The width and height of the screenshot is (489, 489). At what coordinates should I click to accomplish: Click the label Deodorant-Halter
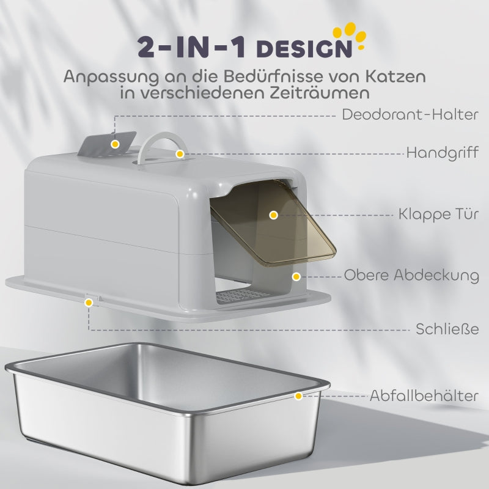point(410,114)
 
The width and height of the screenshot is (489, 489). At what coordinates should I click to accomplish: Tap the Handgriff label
point(443,153)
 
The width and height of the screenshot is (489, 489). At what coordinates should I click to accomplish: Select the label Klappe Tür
point(438,215)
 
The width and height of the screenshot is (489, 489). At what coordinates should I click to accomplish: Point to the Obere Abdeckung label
point(411,275)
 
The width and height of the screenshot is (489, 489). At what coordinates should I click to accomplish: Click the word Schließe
point(447,329)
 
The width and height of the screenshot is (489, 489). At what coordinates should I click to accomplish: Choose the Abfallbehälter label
point(424,395)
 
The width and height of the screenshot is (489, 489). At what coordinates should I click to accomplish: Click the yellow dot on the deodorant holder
point(115,144)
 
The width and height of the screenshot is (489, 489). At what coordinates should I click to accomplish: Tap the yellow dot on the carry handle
point(180,153)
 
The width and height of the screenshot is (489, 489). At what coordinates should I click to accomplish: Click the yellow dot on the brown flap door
point(273,215)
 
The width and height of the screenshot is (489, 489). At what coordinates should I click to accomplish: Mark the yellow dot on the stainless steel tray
point(298,396)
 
